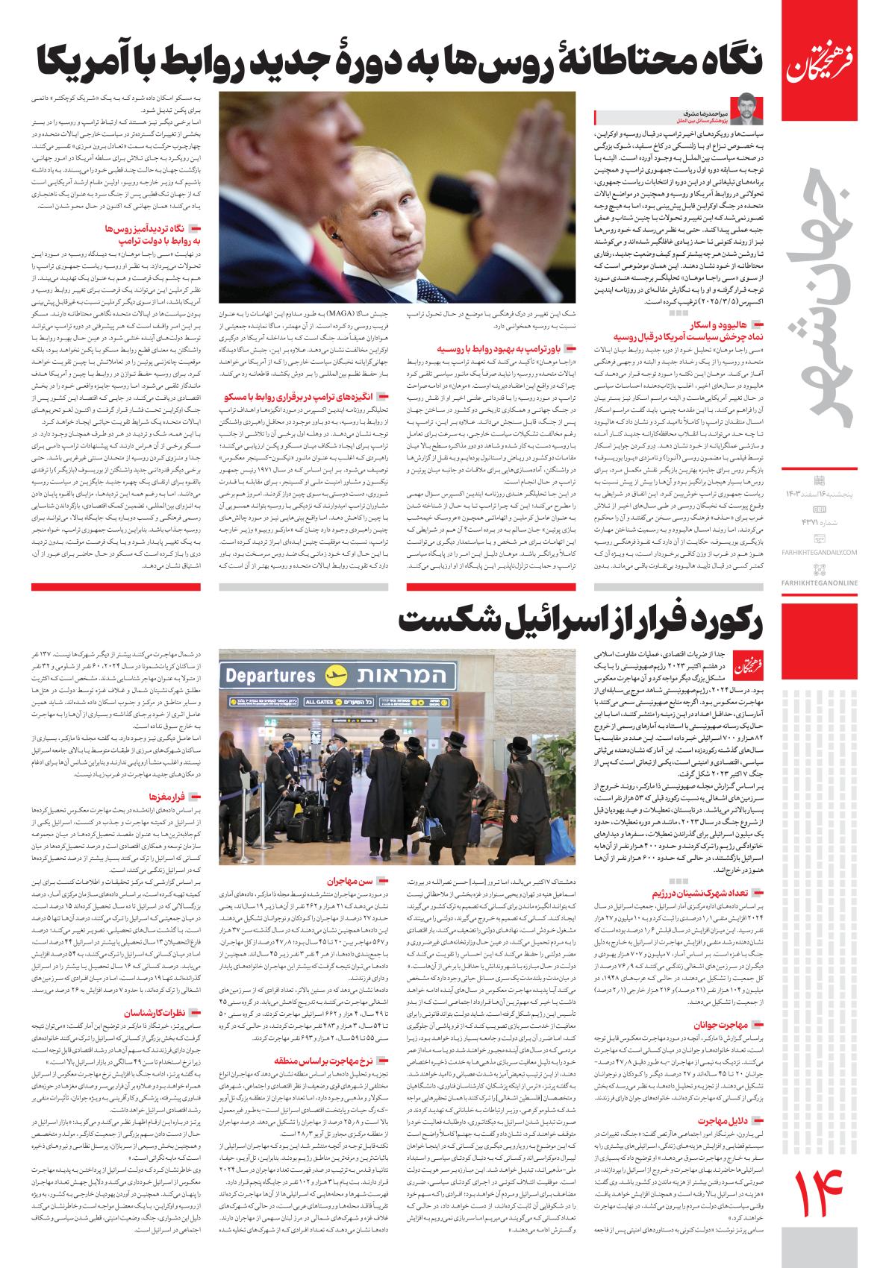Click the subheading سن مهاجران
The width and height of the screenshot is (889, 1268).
pos(343,882)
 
